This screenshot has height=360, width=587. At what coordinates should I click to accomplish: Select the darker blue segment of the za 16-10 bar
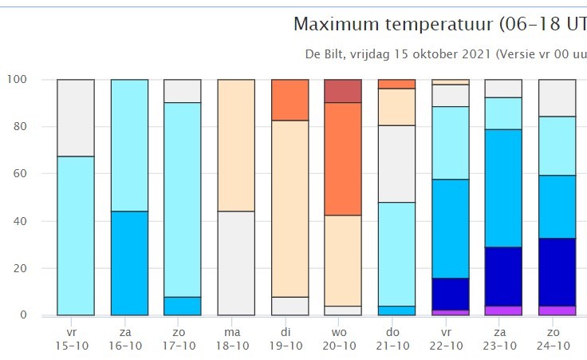[x=129, y=263]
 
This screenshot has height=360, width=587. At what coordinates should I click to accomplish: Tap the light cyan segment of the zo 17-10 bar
[x=182, y=200]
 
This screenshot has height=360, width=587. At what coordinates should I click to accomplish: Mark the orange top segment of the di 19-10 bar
[x=290, y=100]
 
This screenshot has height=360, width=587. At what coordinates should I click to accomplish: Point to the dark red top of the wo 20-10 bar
[x=343, y=91]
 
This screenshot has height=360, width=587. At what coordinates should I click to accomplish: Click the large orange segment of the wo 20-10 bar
[x=343, y=159]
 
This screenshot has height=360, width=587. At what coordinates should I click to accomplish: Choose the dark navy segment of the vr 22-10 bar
[x=450, y=294]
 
